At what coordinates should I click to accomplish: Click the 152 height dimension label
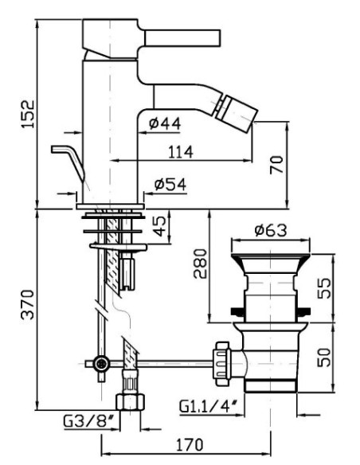coord(28,114)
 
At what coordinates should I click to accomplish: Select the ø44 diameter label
coord(165,123)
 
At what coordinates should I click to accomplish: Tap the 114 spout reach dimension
coord(181,152)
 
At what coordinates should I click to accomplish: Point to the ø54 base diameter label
coord(170,184)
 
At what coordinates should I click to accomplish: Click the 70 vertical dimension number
coord(276,165)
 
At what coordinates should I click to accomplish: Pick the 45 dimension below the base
coord(160,225)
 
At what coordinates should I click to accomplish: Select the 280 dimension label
coord(200,264)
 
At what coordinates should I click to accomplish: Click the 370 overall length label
coord(28,304)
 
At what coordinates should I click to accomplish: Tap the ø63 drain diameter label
coord(271,230)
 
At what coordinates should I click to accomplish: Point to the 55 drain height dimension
coord(323,288)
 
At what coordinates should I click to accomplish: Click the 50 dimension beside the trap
coord(323,358)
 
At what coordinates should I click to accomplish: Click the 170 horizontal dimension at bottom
coord(190,444)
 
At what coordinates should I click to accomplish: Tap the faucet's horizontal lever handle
coord(182,38)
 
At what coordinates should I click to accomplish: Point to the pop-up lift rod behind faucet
coord(68,162)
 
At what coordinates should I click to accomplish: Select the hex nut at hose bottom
coord(130,401)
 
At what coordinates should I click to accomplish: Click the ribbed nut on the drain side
coord(222,363)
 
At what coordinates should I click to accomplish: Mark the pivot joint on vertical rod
coord(101,363)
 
